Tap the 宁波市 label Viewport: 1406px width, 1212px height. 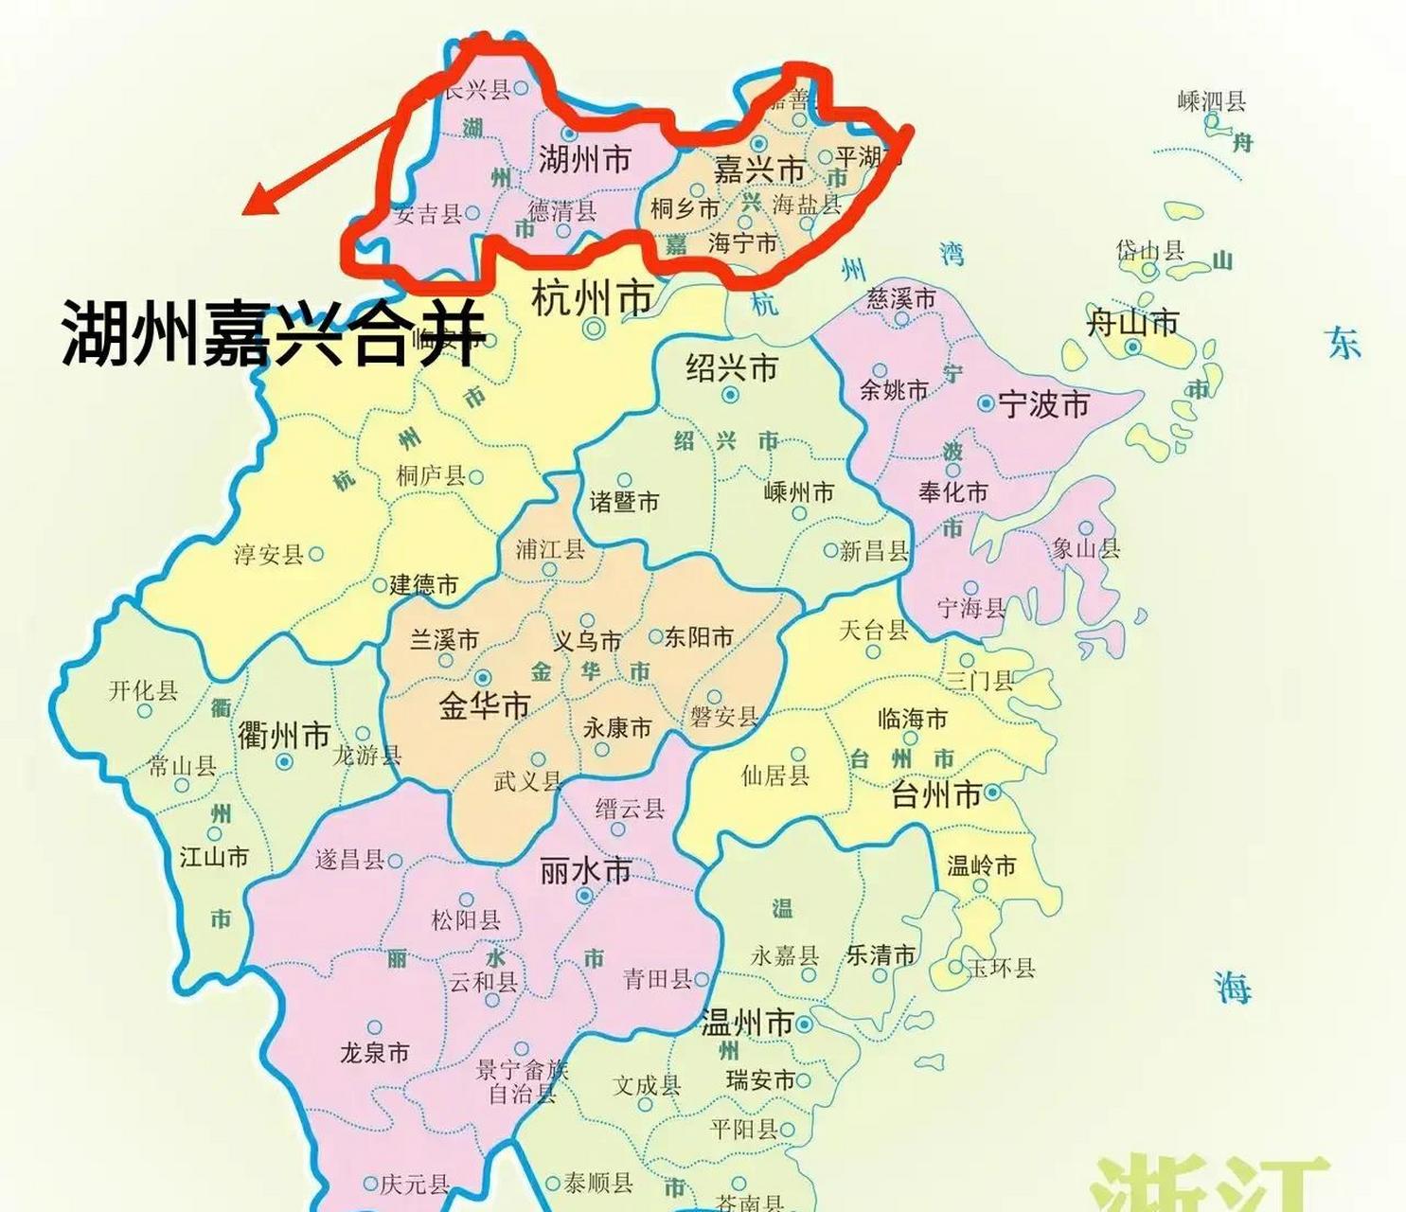pyautogui.click(x=1043, y=405)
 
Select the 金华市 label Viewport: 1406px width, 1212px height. pyautogui.click(x=484, y=706)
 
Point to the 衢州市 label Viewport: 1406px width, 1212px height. pyautogui.click(x=283, y=735)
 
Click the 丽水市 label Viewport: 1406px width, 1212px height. pyautogui.click(x=585, y=870)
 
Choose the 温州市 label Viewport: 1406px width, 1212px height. pyautogui.click(x=746, y=1024)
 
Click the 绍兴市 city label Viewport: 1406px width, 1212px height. pyautogui.click(x=732, y=366)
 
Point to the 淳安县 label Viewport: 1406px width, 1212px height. pyautogui.click(x=268, y=554)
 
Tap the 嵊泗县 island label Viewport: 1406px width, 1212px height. pyautogui.click(x=1211, y=100)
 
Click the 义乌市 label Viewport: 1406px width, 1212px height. pyautogui.click(x=587, y=641)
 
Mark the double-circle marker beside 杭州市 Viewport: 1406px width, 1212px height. pyautogui.click(x=594, y=329)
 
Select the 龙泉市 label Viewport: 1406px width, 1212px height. pyautogui.click(x=374, y=1053)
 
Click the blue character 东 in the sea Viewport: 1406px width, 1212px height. pyautogui.click(x=1343, y=343)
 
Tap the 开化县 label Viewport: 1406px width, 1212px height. pyautogui.click(x=143, y=690)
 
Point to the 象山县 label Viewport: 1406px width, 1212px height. pyautogui.click(x=1086, y=548)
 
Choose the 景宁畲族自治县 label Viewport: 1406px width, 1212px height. pyautogui.click(x=522, y=1082)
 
